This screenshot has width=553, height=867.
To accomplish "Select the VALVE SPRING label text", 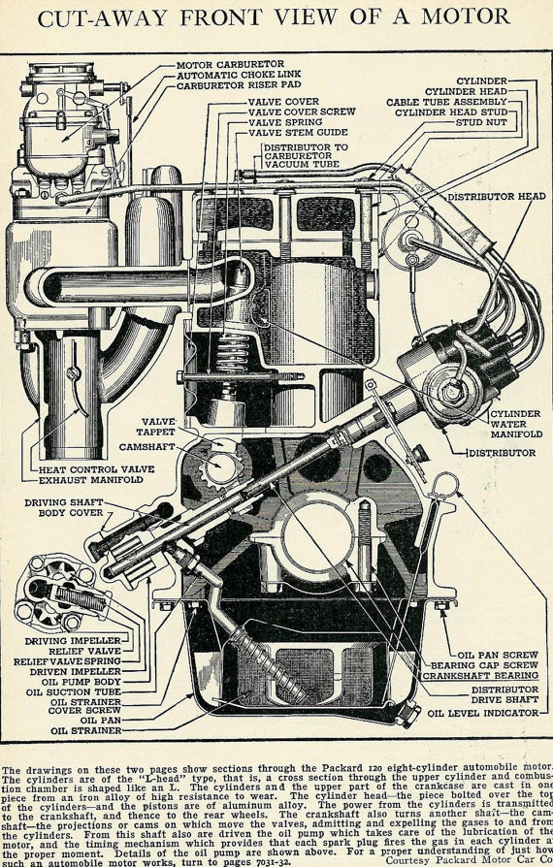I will [289, 123].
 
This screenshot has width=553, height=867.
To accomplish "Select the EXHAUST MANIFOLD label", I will [97, 479].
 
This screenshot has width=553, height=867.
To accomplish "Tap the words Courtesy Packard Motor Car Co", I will [468, 859].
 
